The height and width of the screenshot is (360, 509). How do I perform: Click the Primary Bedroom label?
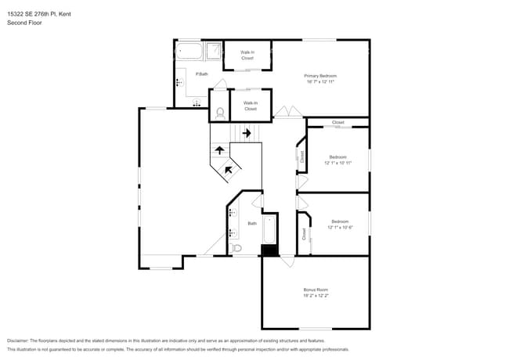pyautogui.click(x=319, y=76)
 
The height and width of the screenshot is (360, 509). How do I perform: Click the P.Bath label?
pyautogui.click(x=202, y=74)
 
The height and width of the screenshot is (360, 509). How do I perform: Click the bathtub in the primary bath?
pyautogui.click(x=189, y=52)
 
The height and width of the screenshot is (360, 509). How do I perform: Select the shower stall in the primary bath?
pyautogui.click(x=211, y=52)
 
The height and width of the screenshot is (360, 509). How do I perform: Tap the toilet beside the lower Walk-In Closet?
pyautogui.click(x=219, y=113)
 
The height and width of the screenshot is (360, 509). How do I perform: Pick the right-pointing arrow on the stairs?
pyautogui.click(x=247, y=133)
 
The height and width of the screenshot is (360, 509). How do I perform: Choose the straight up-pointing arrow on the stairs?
pyautogui.click(x=220, y=150)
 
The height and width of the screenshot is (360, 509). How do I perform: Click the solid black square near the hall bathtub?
pyautogui.click(x=269, y=250)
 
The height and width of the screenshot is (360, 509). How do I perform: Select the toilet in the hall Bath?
pyautogui.click(x=236, y=248)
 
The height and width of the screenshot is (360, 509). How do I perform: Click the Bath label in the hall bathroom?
pyautogui.click(x=252, y=224)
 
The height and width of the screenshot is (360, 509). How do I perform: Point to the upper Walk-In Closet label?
pyautogui.click(x=247, y=55)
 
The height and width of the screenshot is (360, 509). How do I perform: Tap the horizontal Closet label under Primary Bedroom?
pyautogui.click(x=338, y=123)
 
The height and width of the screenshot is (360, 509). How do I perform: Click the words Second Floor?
pyautogui.click(x=24, y=23)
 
